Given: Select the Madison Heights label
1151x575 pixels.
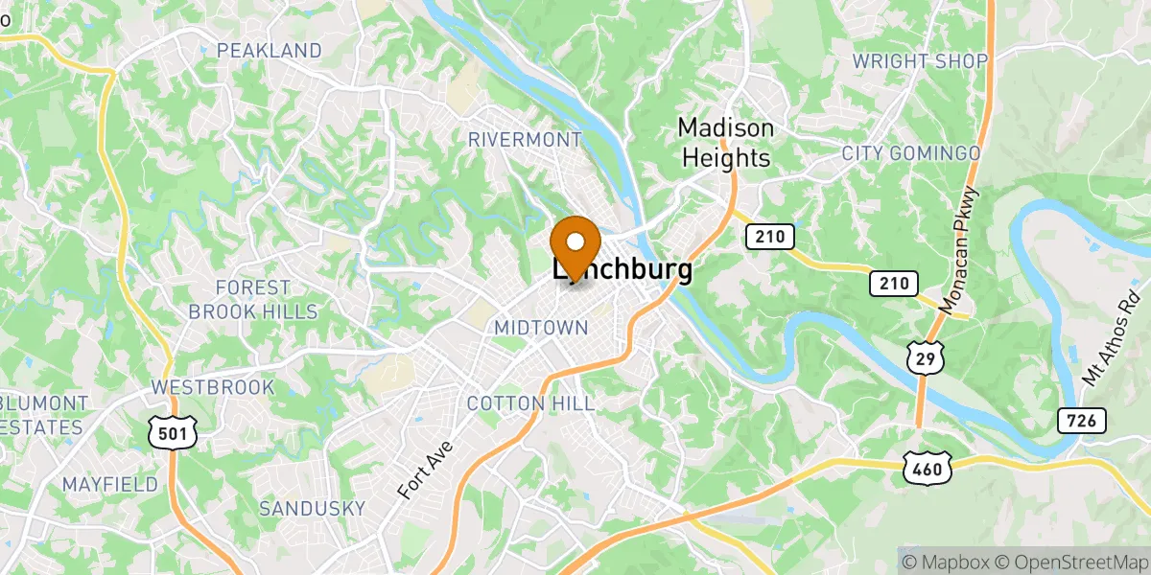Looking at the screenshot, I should [x=725, y=142].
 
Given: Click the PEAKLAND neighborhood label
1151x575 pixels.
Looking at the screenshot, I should [x=270, y=50].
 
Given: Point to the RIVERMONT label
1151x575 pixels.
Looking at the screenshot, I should [x=524, y=140].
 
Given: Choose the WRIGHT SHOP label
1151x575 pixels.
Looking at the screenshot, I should [x=920, y=61].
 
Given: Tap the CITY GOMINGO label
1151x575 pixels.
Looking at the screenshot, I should [x=910, y=153].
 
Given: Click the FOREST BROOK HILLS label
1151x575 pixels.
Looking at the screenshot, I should [x=252, y=300].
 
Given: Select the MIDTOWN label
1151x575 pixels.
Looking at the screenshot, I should [x=540, y=328].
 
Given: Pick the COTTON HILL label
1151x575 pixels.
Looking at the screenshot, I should [x=530, y=402].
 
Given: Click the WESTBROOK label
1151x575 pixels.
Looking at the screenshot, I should [x=213, y=388].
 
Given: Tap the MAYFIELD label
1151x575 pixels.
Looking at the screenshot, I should [x=109, y=485].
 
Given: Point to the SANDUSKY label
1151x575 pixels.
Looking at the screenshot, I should [x=313, y=508].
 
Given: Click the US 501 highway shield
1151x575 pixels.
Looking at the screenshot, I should [x=173, y=433].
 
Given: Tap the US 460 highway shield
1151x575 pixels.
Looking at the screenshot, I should [x=927, y=467].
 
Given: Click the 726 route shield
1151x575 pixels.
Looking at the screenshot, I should [x=1084, y=420].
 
